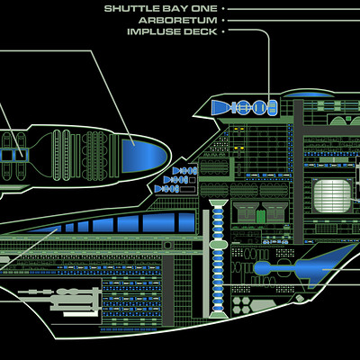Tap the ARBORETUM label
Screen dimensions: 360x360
click(178, 21)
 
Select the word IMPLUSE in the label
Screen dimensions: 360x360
click(154, 31)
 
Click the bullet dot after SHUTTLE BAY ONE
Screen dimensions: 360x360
click(223, 9)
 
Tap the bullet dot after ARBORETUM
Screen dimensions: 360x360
click(223, 21)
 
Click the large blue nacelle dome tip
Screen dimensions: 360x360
click(144, 156)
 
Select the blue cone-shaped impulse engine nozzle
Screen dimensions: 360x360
click(220, 107)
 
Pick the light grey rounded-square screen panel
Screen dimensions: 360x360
click(332, 196)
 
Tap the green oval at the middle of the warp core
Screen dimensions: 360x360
click(218, 245)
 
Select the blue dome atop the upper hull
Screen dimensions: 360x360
click(309, 94)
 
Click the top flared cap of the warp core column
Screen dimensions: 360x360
click(218, 203)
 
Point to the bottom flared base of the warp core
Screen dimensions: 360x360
click(218, 315)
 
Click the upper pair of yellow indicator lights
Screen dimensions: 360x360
click(237, 129)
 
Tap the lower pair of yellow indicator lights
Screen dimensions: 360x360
click(237, 148)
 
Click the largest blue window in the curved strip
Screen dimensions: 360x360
click(158, 222)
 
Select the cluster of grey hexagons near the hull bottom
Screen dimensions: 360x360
click(241, 304)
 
